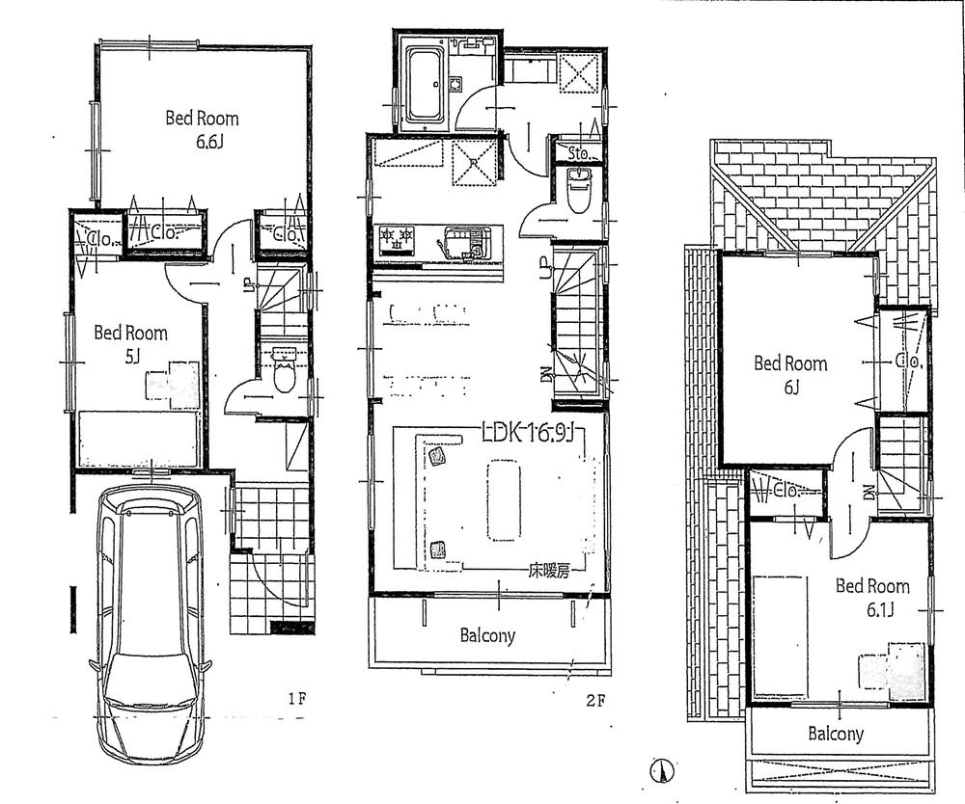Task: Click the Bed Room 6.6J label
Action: click(202, 131)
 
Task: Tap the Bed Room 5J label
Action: click(130, 343)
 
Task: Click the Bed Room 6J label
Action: click(790, 374)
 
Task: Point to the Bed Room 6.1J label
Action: click(872, 597)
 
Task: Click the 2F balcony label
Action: click(487, 636)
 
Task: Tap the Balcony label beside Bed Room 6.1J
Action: click(836, 734)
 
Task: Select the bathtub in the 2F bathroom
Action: click(422, 85)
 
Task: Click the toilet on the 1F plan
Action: click(284, 372)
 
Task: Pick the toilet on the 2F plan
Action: click(578, 192)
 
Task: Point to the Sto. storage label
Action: click(578, 152)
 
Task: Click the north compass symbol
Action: click(662, 771)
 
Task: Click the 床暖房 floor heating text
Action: click(547, 571)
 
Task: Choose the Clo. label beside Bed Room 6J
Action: click(907, 361)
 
